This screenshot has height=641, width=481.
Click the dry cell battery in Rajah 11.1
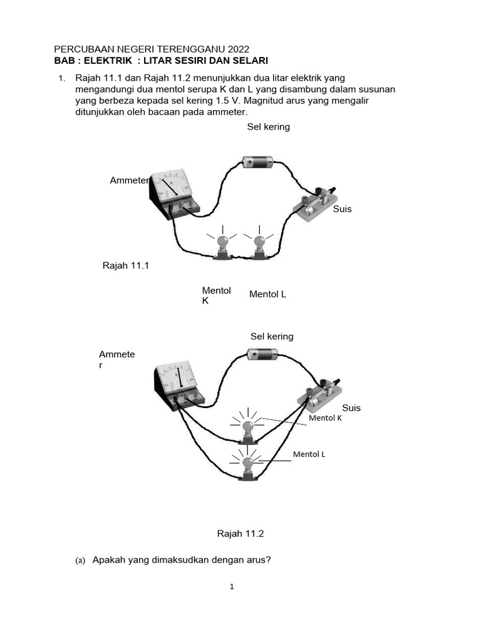point(257,163)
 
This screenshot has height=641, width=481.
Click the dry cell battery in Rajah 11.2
point(262,354)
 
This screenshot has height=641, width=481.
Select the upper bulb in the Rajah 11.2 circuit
point(249,429)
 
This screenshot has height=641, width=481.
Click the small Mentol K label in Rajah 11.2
point(325,418)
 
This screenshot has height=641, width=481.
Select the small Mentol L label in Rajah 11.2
point(309,454)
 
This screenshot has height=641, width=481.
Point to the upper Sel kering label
point(269,127)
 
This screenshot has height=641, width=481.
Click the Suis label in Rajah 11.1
point(342,209)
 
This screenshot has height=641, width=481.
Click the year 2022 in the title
point(237,49)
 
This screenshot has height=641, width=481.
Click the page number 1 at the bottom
point(232,587)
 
